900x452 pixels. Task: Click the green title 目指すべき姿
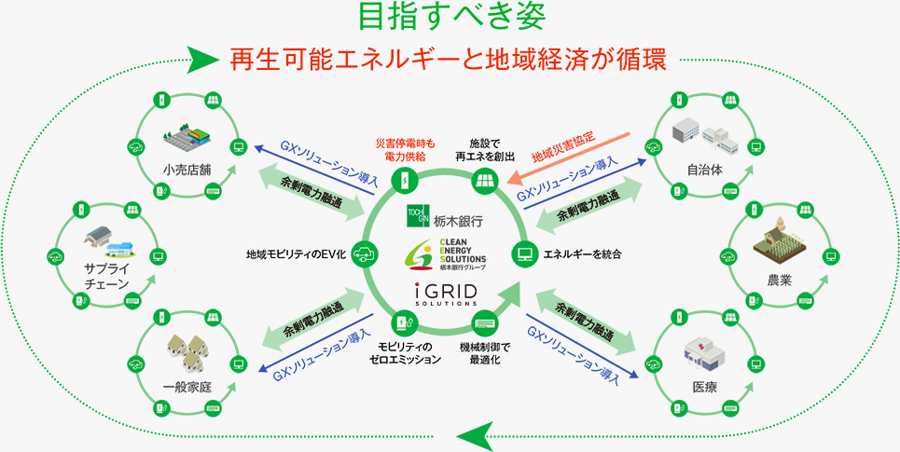click(x=450, y=17)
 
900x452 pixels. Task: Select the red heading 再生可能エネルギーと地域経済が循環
click(x=449, y=59)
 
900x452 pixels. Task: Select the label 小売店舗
click(x=185, y=171)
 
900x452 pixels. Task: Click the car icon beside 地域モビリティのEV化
click(x=363, y=253)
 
